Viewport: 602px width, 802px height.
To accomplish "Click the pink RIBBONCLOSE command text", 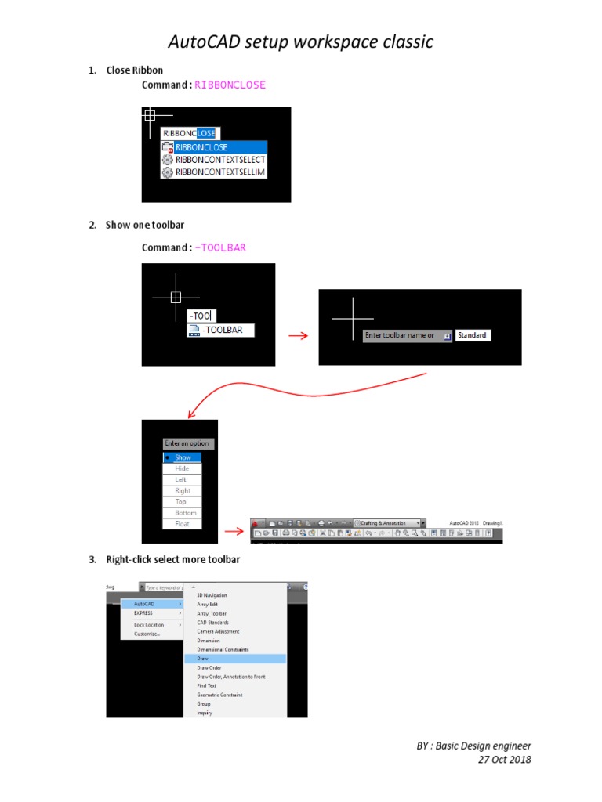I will click(230, 85).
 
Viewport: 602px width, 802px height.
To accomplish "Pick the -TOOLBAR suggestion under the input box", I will click(222, 331).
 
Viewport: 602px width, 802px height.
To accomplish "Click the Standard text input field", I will click(473, 335).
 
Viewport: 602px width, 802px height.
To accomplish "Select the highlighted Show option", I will click(183, 457).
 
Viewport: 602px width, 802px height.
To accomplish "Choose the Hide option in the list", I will click(182, 468).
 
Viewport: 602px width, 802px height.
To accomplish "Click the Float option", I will click(182, 524).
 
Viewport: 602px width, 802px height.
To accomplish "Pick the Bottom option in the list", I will click(185, 513).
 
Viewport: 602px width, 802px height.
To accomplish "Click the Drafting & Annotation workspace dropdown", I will click(389, 522).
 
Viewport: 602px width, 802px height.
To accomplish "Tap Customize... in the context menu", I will click(147, 634).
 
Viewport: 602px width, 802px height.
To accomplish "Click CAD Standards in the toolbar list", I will click(213, 623).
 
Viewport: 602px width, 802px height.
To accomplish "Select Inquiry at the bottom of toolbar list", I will click(205, 713).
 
